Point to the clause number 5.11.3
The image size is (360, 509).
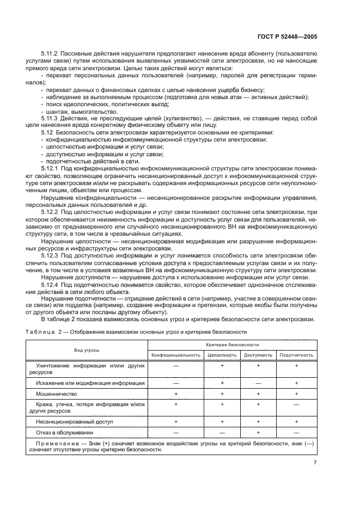tap(51, 118)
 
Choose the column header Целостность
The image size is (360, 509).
tap(222, 355)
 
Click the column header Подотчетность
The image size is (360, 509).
tap(296, 355)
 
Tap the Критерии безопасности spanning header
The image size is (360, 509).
tap(233, 345)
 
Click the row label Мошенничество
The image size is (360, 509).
tap(56, 393)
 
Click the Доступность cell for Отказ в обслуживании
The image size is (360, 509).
tap(259, 432)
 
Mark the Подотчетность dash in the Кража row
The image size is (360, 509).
tap(296, 405)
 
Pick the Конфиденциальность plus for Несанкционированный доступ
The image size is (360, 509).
tap(175, 421)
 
